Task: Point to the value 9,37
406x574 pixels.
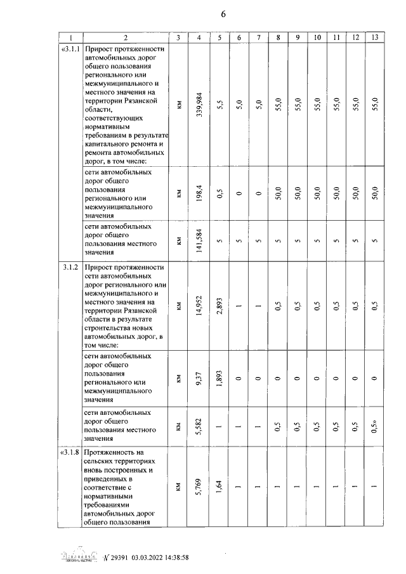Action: (x=199, y=378)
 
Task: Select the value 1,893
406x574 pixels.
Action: (x=219, y=378)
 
